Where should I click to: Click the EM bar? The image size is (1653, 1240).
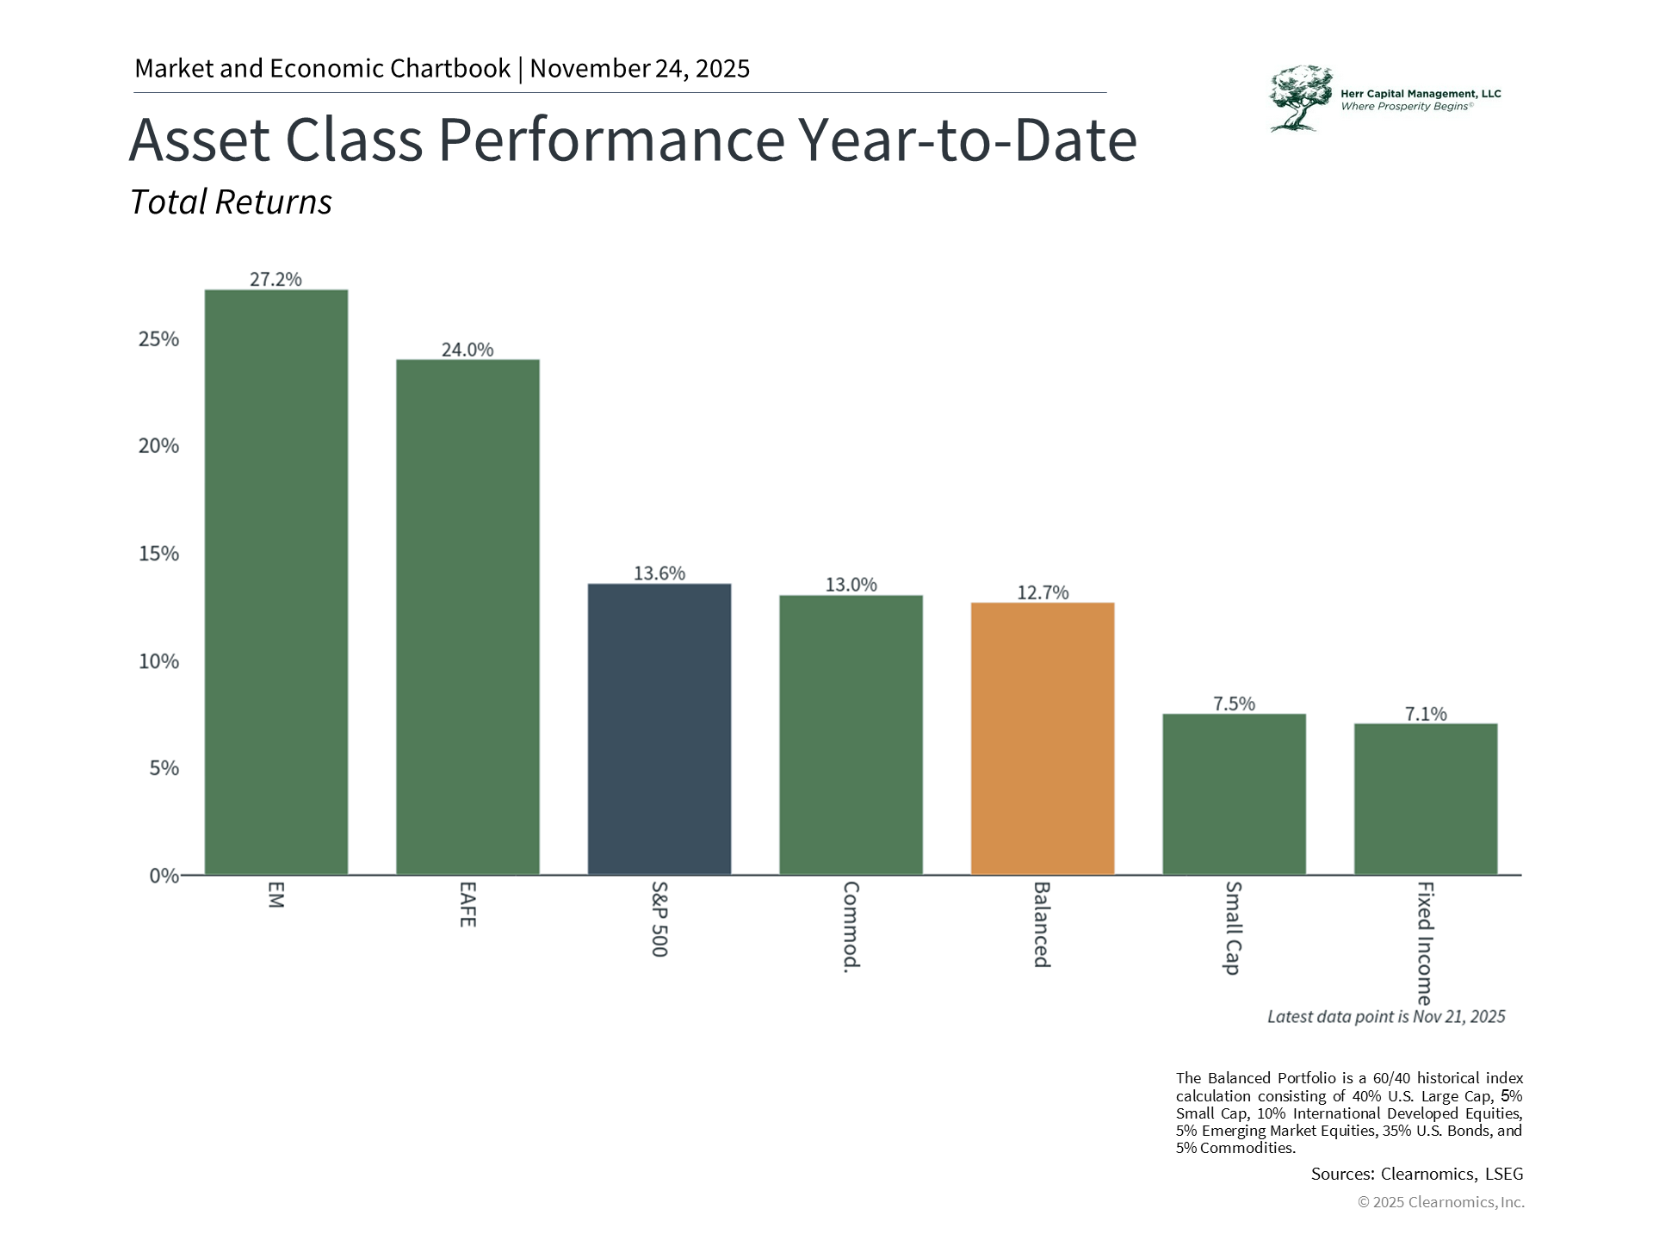point(275,582)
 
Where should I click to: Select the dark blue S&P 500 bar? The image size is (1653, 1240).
point(659,729)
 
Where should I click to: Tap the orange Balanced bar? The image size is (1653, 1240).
point(1043,739)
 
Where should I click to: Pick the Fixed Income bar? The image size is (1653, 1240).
point(1426,799)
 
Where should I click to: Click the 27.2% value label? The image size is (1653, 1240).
point(275,279)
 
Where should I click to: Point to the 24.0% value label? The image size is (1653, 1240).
point(467,350)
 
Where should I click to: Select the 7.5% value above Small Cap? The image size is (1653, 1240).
point(1234,704)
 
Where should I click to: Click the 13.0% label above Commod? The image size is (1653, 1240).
point(851,585)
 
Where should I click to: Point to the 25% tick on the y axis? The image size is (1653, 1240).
point(158,339)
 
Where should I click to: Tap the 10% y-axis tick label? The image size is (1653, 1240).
point(158,661)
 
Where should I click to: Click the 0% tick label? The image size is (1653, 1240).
point(164,876)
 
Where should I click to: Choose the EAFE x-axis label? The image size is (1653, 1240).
point(467,904)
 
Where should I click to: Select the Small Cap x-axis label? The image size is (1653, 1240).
point(1234,927)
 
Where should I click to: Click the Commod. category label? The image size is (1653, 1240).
point(851,927)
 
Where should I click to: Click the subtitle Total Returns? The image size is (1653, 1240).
point(231,202)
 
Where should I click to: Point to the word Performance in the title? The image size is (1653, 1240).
point(611,139)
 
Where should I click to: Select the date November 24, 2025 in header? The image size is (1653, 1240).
point(640,69)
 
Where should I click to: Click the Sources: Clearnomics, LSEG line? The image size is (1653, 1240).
point(1416,1174)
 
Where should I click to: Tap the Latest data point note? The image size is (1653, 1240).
point(1386,1017)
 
